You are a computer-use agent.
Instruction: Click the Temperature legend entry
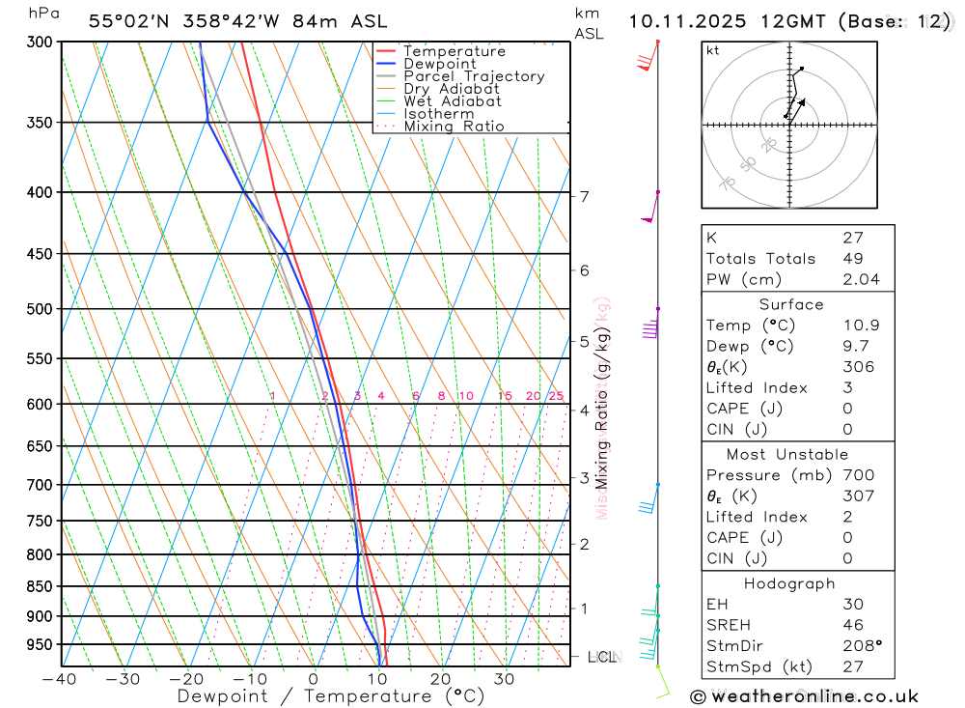pyautogui.click(x=454, y=51)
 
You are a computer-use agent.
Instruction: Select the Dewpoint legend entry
pyautogui.click(x=440, y=64)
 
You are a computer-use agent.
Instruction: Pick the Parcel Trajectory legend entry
pyautogui.click(x=474, y=76)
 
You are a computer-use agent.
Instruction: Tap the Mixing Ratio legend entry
pyautogui.click(x=454, y=126)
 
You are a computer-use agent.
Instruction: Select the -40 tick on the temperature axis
pyautogui.click(x=60, y=679)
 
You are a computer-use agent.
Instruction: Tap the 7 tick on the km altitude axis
pyautogui.click(x=584, y=196)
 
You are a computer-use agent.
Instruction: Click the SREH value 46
pyautogui.click(x=852, y=625)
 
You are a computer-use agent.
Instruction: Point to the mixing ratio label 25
pyautogui.click(x=556, y=396)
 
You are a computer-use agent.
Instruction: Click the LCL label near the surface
pyautogui.click(x=601, y=657)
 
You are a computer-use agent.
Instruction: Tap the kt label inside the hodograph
pyautogui.click(x=713, y=50)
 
